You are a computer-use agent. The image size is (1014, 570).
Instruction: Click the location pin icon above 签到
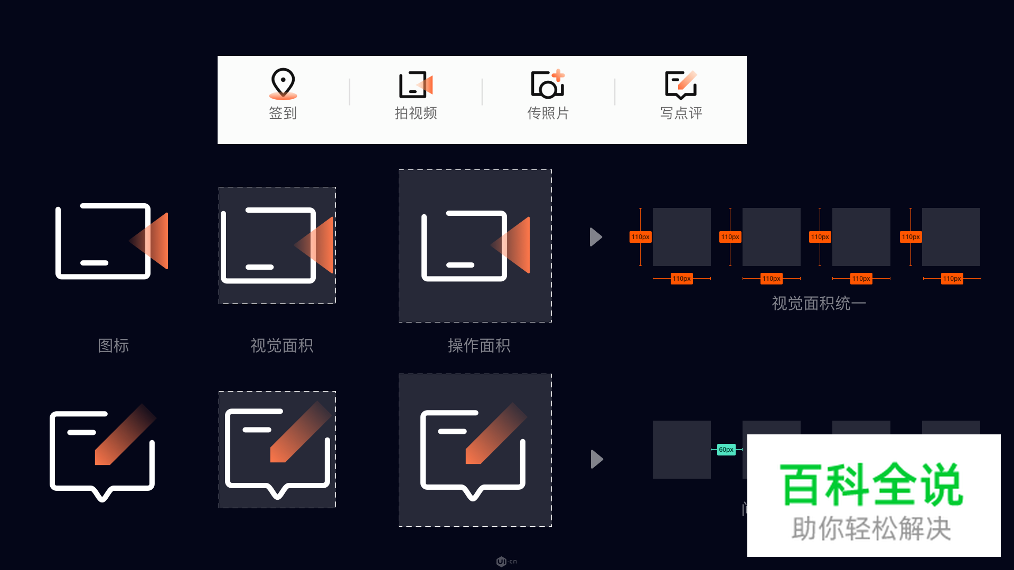[283, 83]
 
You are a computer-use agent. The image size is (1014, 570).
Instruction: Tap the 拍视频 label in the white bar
[416, 113]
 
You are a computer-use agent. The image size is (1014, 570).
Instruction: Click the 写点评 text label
[681, 113]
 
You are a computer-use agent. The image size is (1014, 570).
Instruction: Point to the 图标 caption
[114, 346]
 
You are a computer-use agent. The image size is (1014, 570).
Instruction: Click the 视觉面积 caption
[281, 346]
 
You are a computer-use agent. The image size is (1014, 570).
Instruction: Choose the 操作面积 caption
[479, 346]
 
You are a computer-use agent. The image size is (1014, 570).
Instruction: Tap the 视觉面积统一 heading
[819, 303]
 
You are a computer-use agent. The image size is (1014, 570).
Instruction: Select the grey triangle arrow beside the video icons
[596, 237]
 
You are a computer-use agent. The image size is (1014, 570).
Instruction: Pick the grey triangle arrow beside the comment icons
[596, 459]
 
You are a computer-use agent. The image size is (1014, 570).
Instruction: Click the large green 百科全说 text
[872, 484]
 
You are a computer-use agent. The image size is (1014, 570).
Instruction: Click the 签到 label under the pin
[283, 113]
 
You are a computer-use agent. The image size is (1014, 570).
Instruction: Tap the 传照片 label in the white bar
[548, 113]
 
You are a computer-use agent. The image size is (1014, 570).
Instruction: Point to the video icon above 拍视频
[416, 84]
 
